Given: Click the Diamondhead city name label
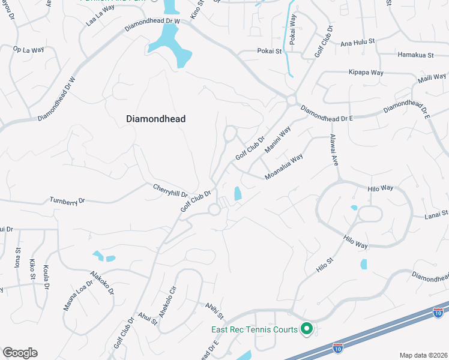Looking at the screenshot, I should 155,119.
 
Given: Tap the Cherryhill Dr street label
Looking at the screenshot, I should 170,191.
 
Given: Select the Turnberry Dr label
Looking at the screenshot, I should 68,201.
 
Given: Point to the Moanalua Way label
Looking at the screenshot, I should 284,167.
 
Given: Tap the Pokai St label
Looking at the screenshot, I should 269,52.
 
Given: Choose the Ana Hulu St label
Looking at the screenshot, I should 357,43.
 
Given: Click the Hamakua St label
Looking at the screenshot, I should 415,55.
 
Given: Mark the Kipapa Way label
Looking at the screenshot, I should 367,73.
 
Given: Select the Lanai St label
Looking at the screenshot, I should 436,214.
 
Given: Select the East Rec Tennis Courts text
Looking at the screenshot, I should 254,329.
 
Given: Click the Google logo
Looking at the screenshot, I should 20,353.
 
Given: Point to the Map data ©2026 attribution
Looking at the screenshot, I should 423,355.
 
